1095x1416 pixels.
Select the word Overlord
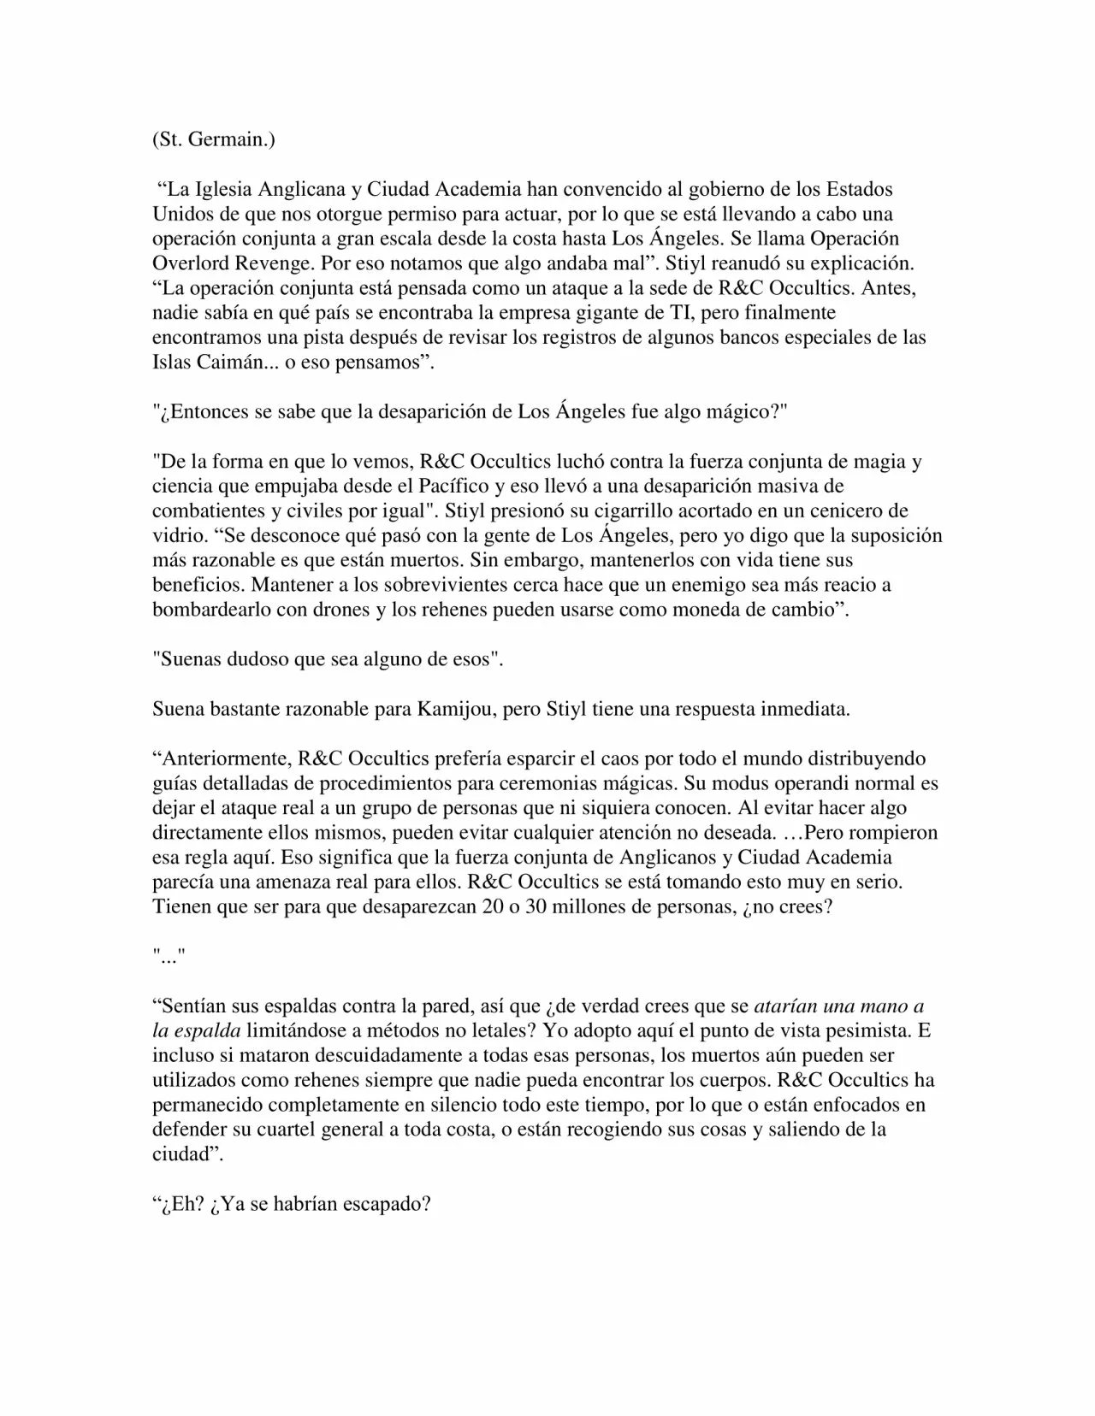click(x=190, y=263)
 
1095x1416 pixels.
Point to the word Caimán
click(x=225, y=362)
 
